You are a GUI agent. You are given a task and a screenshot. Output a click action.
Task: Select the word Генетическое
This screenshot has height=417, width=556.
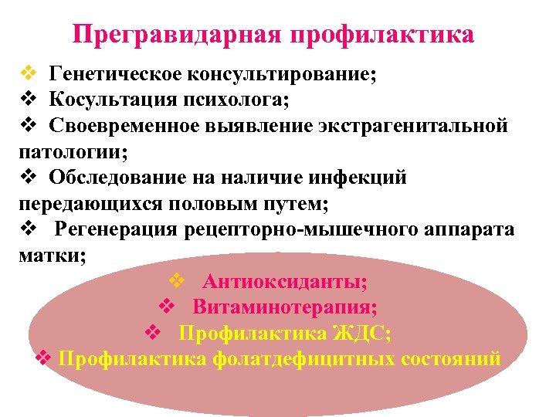point(113,75)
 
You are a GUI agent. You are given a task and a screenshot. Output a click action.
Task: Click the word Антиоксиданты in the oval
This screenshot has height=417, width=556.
point(285,282)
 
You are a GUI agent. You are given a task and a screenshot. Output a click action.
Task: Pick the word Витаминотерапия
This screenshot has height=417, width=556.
point(285,307)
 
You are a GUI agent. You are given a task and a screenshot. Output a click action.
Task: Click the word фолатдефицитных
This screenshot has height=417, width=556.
point(306,359)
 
